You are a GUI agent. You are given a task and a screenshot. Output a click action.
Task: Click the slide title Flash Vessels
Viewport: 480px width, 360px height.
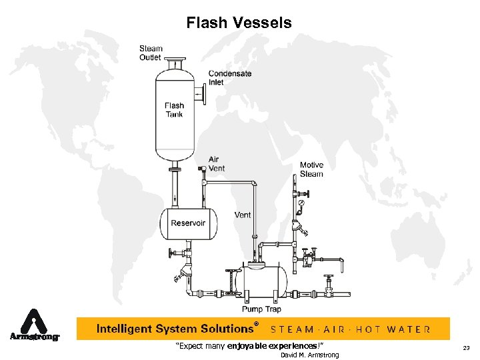(x=239, y=23)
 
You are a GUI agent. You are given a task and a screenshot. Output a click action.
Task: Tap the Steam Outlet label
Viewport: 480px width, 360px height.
(x=151, y=53)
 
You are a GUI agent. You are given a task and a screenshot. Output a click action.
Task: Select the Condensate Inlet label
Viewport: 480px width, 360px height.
(x=230, y=78)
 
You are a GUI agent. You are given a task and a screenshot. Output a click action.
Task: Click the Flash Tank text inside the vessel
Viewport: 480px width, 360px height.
(x=174, y=110)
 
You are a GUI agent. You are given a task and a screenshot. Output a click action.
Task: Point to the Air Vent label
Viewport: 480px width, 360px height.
(x=216, y=164)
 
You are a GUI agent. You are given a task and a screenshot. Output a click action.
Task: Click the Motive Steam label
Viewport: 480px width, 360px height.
(x=311, y=169)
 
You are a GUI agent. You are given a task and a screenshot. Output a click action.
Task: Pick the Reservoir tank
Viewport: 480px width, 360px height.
(x=188, y=223)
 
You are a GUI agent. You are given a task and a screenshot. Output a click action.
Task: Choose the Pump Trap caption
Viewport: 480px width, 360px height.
(x=261, y=309)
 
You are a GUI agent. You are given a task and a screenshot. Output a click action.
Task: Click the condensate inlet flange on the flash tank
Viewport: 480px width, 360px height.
(x=203, y=95)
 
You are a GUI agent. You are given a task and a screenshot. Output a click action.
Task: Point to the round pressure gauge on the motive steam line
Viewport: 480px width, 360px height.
(x=301, y=202)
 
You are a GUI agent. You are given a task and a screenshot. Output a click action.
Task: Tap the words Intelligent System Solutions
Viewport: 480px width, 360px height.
(x=175, y=329)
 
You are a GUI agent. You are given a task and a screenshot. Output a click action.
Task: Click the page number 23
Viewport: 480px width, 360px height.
(x=465, y=347)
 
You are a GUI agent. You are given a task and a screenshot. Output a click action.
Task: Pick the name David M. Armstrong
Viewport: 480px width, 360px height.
(x=309, y=355)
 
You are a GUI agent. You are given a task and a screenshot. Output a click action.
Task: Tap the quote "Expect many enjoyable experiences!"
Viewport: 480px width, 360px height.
(x=249, y=345)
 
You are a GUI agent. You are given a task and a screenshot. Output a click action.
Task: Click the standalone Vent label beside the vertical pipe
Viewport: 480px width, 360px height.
(x=243, y=215)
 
